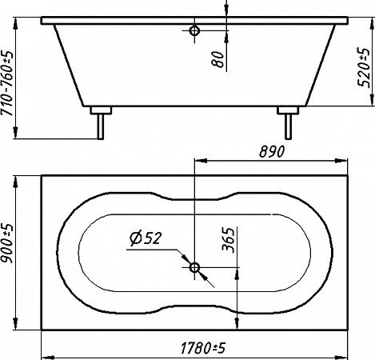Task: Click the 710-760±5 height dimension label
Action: (7, 83)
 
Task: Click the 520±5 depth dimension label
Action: (364, 68)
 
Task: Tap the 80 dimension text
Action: (217, 59)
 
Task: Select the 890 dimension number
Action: (272, 151)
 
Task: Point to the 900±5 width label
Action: (7, 243)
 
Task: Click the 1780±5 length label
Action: (203, 348)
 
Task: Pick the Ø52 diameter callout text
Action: (146, 238)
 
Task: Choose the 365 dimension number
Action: (229, 240)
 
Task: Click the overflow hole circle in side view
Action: (194, 30)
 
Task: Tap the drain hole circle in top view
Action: (194, 267)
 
